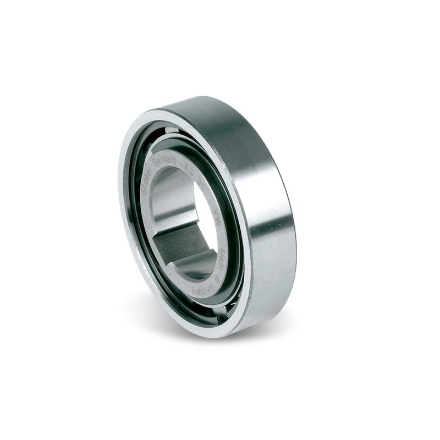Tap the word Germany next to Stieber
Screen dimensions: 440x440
coord(163,159)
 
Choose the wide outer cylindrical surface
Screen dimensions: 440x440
coord(258,182)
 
